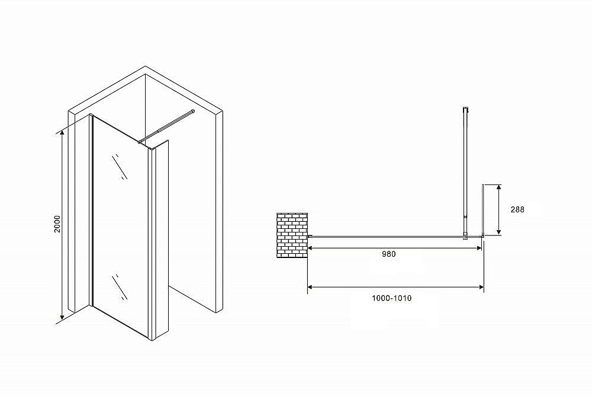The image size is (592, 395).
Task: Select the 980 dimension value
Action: click(x=389, y=254)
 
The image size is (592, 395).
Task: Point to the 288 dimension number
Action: click(x=517, y=209)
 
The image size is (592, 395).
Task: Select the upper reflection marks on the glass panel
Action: click(x=121, y=167)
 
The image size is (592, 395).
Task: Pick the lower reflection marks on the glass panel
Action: click(x=121, y=286)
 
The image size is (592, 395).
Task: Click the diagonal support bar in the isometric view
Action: click(x=168, y=125)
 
